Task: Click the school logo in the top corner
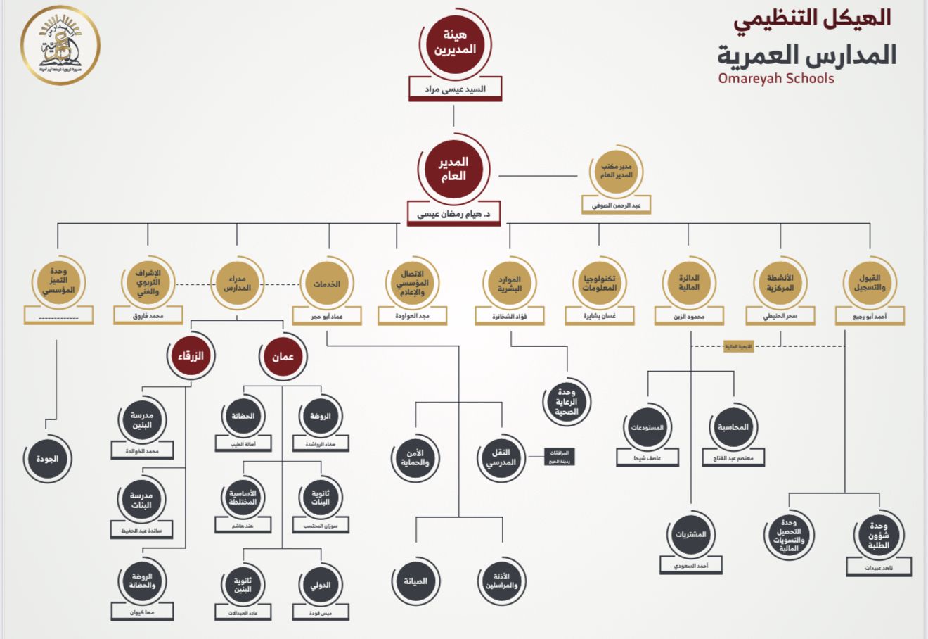tap(60, 46)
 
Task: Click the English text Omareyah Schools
tap(776, 78)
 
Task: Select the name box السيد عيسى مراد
tap(455, 89)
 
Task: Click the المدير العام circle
tap(453, 169)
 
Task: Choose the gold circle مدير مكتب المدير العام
tap(617, 171)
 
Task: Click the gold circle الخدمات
tap(327, 284)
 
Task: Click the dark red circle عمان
tap(283, 357)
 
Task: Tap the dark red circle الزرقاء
tap(190, 356)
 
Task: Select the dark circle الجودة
tap(47, 459)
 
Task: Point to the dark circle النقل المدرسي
tap(501, 457)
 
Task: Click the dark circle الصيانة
tap(415, 581)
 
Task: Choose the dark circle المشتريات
tap(690, 534)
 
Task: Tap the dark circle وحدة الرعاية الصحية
tap(566, 402)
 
